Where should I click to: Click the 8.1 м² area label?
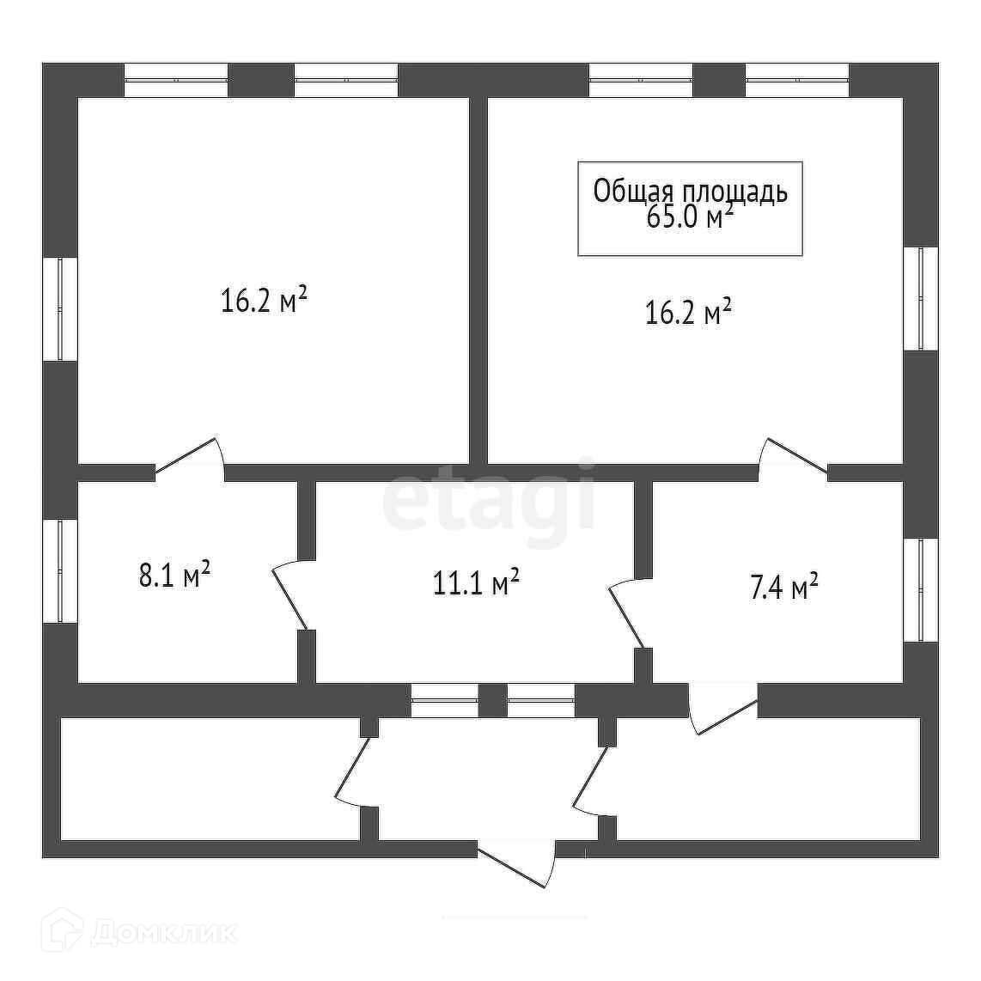point(175,575)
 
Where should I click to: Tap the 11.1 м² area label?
point(476,583)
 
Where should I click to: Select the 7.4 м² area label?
point(783,588)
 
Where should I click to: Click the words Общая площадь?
point(690,192)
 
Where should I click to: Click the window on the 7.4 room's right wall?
point(920,590)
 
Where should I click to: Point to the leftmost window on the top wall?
point(176,80)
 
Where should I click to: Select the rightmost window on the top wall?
point(797,80)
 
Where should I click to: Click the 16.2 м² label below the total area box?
point(688,313)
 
